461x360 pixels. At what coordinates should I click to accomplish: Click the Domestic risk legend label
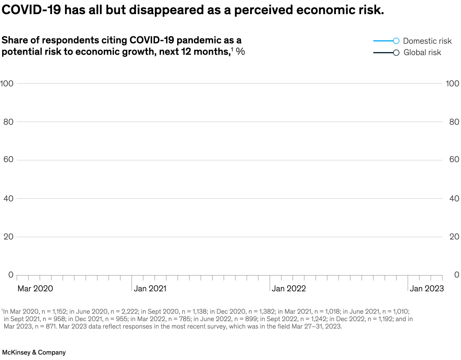pos(427,41)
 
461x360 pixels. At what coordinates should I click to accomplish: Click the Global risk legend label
pos(422,52)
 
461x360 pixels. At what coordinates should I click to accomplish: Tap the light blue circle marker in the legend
pos(396,41)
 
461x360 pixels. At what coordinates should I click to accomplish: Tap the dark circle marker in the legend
pos(396,52)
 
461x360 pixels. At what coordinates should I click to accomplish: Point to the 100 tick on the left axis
pos(7,83)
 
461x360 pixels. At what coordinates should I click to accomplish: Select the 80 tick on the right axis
pos(454,122)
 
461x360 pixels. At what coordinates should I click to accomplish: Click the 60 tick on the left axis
pos(9,160)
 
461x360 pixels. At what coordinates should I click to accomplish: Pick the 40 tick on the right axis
pos(454,198)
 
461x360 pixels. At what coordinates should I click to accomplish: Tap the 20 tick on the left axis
pos(9,237)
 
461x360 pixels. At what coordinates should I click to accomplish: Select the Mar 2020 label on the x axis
pos(35,289)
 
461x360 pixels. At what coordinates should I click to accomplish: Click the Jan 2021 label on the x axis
pos(150,289)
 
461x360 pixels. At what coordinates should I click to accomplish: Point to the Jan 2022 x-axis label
pos(289,289)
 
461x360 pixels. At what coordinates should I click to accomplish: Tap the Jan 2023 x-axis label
pos(427,289)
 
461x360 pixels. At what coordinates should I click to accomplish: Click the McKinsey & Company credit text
pos(34,352)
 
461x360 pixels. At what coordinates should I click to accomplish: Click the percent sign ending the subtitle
pos(240,52)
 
